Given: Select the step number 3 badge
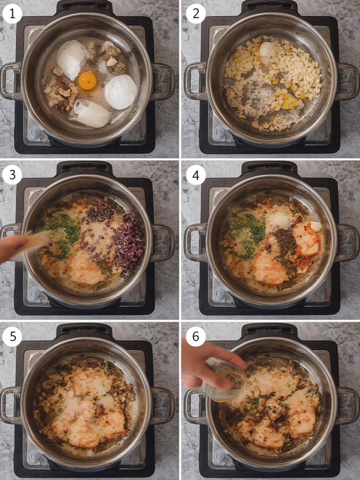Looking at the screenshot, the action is click(x=12, y=175).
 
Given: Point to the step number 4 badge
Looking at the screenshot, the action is click(x=196, y=175).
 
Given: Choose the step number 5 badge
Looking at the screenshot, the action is click(x=12, y=336).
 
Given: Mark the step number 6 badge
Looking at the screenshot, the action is click(x=196, y=336).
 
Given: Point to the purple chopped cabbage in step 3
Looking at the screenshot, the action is click(x=129, y=244).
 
